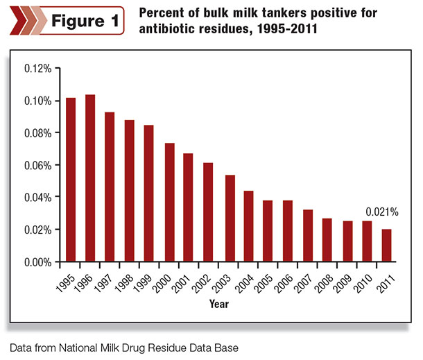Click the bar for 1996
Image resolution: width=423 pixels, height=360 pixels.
(x=90, y=178)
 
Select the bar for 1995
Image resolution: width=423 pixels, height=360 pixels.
(x=71, y=180)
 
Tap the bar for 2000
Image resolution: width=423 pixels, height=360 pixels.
(x=170, y=203)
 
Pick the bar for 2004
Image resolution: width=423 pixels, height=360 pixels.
(x=248, y=226)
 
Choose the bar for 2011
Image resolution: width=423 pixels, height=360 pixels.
(x=386, y=246)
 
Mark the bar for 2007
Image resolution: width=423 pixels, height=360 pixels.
(x=308, y=236)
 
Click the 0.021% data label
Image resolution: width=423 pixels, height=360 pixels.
(x=382, y=212)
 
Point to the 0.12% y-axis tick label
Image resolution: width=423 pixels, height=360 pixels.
(x=37, y=69)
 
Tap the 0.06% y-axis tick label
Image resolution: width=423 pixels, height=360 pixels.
(x=37, y=165)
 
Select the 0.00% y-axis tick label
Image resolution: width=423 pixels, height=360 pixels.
(x=37, y=262)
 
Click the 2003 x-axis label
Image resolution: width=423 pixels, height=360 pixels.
(x=221, y=284)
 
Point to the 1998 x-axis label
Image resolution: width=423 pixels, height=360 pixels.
(x=124, y=284)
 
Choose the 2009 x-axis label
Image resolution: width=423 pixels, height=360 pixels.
(x=342, y=284)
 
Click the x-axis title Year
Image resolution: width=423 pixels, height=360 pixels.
(x=219, y=304)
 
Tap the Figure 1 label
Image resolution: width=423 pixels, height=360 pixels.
(x=85, y=21)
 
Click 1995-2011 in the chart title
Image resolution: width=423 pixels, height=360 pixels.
(x=287, y=28)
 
